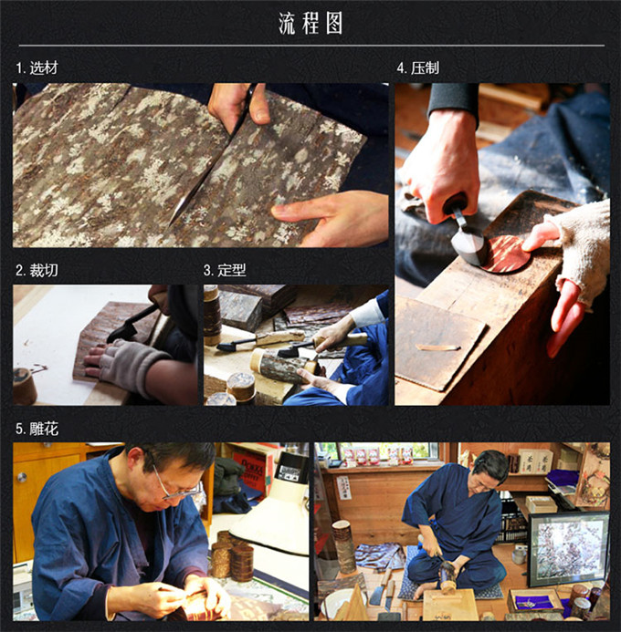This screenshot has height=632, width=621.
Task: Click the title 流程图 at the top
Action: (x=310, y=23)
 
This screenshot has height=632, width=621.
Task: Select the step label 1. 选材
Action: (x=37, y=67)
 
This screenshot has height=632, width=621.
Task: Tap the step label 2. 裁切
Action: (x=37, y=270)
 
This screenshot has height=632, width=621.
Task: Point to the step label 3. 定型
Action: (x=225, y=270)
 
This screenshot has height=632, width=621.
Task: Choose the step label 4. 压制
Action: (x=418, y=67)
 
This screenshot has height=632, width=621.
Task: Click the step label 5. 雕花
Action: (x=37, y=429)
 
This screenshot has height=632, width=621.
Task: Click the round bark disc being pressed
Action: (x=507, y=254)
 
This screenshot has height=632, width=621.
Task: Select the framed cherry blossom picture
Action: (x=569, y=548)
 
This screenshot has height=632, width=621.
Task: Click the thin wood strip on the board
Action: (x=437, y=347)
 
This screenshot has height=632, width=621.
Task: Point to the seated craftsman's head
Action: (x=489, y=471)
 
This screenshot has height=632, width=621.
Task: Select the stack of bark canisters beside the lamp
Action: (x=233, y=556)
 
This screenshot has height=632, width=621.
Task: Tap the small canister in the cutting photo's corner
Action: (x=24, y=386)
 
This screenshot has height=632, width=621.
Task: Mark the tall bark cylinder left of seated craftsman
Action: (x=343, y=546)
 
